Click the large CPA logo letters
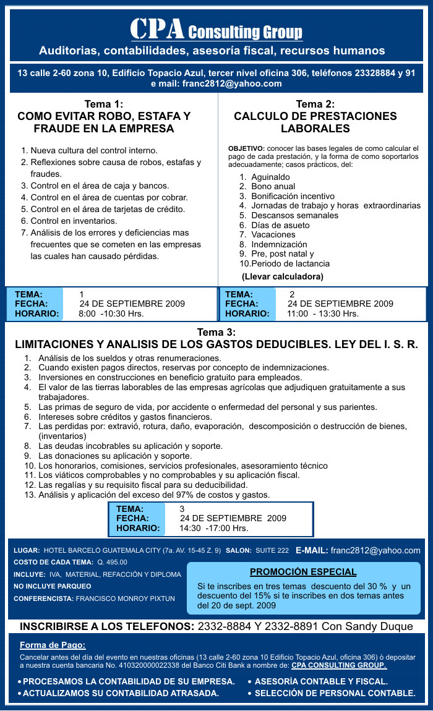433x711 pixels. [157, 28]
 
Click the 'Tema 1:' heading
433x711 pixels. [103, 104]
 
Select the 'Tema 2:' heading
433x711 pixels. [315, 104]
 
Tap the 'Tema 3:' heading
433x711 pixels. [216, 333]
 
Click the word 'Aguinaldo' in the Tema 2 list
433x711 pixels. [270, 177]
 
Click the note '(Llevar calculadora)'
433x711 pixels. [282, 276]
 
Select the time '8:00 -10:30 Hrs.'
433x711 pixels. [111, 313]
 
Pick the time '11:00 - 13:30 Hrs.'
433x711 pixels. [322, 313]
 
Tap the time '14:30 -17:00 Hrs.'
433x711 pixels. [213, 528]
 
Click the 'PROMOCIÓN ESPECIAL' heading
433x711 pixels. [303, 572]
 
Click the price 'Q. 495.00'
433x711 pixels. [112, 562]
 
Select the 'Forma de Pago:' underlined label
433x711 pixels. [53, 645]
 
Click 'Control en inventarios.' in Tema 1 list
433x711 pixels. [74, 221]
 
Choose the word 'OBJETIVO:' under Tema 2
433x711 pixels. [246, 148]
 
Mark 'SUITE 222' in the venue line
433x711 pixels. [272, 550]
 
